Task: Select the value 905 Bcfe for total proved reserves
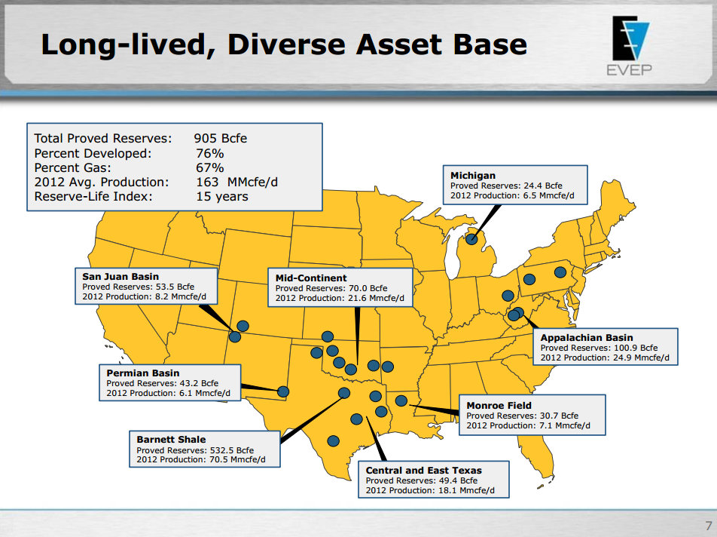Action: (220, 138)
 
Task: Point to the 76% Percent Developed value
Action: (209, 153)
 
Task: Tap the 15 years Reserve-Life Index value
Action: (221, 197)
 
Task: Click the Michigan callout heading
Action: (473, 176)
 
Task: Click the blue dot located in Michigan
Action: (471, 240)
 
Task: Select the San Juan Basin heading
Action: (121, 277)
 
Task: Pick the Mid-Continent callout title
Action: (311, 278)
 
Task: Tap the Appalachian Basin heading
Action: (587, 338)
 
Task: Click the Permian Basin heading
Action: (143, 373)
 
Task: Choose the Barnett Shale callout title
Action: (171, 439)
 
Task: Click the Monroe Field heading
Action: (499, 405)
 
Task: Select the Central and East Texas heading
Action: (423, 470)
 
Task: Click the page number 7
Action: (707, 526)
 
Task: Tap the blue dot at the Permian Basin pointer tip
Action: (283, 391)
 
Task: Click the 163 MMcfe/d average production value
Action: (236, 182)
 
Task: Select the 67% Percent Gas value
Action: (209, 167)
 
